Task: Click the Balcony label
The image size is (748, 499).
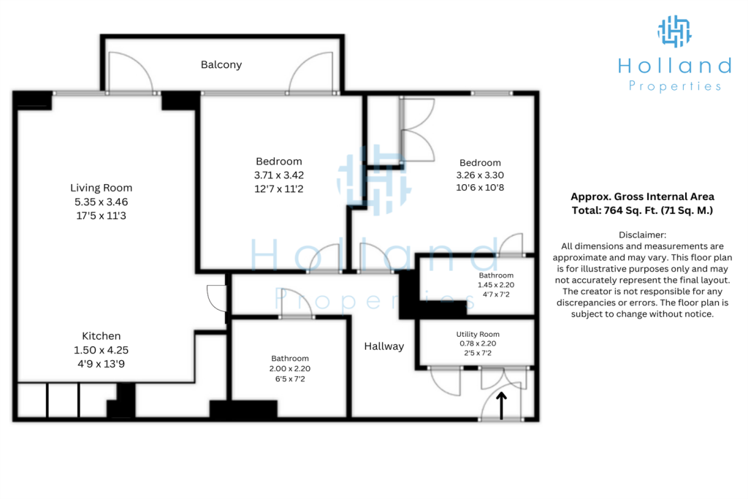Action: tap(221, 65)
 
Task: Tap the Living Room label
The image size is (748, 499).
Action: tap(101, 188)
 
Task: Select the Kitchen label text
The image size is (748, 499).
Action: tap(101, 336)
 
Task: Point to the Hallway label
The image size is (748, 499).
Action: tap(384, 346)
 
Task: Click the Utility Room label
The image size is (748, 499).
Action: tap(478, 335)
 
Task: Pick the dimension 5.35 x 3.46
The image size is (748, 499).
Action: tap(101, 202)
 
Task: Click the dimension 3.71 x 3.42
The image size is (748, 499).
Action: tap(279, 175)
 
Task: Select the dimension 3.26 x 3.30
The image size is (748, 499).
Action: tap(480, 175)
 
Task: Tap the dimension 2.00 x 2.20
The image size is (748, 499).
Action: tap(290, 369)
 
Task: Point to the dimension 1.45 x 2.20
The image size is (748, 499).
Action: tap(496, 285)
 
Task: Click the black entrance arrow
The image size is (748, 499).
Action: tap(501, 406)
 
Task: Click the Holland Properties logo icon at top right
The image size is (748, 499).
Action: tap(674, 31)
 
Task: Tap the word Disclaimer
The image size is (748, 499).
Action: tap(642, 235)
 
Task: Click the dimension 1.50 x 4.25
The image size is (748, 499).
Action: tap(101, 350)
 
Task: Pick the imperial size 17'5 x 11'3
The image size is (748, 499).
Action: tap(101, 216)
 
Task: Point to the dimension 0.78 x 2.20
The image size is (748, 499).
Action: tap(478, 343)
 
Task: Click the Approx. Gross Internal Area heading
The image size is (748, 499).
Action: tap(642, 197)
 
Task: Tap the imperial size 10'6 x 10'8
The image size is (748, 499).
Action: tap(480, 188)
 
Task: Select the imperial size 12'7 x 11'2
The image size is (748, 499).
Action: tap(279, 189)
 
